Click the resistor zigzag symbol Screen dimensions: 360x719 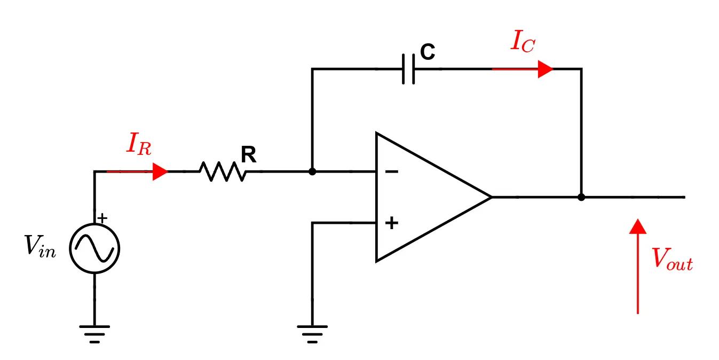click(223, 171)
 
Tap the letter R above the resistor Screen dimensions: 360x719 click(248, 155)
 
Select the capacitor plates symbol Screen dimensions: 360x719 click(408, 69)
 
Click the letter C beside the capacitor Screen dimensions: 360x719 click(428, 52)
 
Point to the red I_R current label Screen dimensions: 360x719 click(138, 144)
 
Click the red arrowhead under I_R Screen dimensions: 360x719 click(160, 171)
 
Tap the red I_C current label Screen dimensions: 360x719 click(522, 42)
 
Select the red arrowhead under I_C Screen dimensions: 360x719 click(544, 69)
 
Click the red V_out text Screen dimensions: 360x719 click(672, 260)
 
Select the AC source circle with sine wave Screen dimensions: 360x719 click(94, 248)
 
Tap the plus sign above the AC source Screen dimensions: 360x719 click(103, 218)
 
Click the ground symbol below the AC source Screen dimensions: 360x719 click(94, 333)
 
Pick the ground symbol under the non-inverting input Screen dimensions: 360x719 click(312, 333)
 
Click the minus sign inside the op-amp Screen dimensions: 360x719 click(391, 171)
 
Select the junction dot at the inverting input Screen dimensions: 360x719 click(312, 171)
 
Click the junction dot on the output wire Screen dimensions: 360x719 click(581, 197)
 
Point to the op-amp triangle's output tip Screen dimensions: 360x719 click(489, 197)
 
